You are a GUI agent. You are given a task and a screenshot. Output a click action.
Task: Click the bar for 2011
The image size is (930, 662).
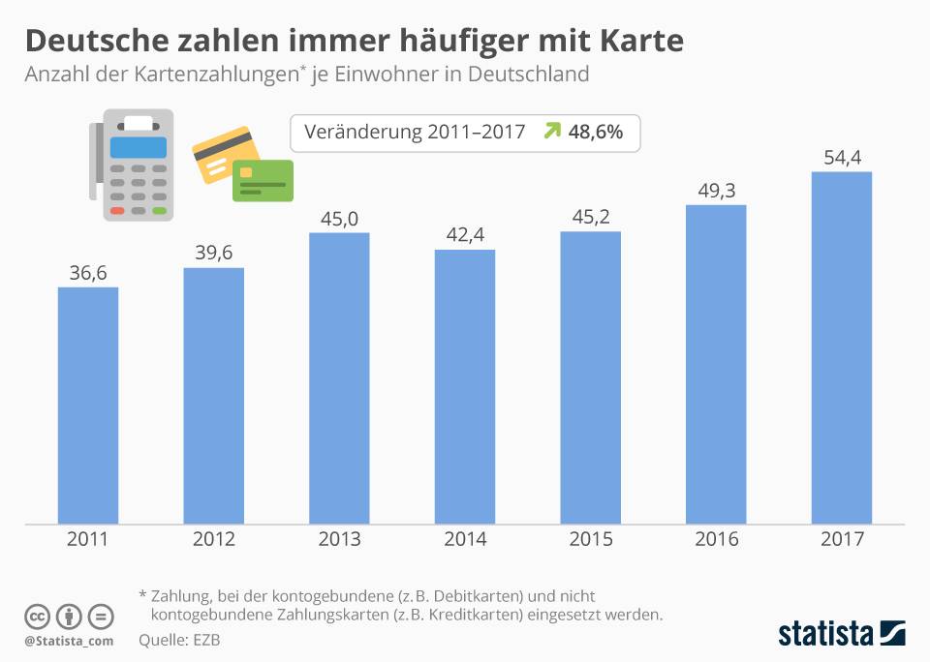88,406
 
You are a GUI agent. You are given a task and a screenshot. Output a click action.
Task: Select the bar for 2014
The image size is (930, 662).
465,387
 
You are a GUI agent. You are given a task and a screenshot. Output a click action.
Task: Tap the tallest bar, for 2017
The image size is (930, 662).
842,348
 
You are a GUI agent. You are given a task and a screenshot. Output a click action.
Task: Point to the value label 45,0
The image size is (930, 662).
339,219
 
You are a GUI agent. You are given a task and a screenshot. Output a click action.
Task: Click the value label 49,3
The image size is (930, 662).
716,191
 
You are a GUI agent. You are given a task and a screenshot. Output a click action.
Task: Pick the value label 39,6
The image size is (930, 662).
213,254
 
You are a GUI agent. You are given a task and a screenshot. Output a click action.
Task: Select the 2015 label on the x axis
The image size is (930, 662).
590,540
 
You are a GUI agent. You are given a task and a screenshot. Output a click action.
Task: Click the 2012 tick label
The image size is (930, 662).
213,540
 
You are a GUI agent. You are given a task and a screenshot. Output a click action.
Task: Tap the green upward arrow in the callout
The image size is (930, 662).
551,132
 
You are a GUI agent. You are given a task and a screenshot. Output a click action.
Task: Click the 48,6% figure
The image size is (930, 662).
597,133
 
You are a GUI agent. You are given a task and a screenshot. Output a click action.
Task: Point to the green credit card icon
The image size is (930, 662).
263,180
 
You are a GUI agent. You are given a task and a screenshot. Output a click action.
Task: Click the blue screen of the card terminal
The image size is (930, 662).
138,147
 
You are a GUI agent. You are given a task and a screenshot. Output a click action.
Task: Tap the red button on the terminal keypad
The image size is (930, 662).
117,210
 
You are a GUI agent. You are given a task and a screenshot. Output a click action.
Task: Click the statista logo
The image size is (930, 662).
841,634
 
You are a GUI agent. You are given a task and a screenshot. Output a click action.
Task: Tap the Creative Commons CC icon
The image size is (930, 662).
37,617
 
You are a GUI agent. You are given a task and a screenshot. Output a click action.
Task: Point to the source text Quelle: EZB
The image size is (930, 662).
179,640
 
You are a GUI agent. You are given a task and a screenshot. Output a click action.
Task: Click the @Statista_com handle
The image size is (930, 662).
69,641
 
